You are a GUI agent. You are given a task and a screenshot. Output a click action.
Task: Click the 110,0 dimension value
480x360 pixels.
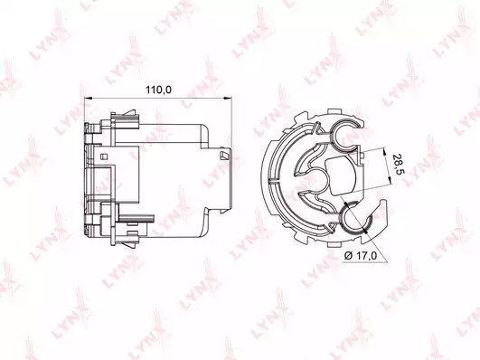tap(158, 90)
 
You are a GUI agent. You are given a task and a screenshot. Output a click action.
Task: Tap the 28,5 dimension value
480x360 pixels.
tap(399, 165)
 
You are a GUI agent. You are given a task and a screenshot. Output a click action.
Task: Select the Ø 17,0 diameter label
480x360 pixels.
tap(360, 256)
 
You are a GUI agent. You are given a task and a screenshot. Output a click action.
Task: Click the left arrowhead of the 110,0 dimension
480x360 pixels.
tap(88, 98)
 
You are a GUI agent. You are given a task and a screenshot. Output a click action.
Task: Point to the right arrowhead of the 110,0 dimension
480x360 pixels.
tap(228, 98)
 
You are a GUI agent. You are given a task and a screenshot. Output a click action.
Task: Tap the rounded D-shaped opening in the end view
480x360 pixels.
tap(341, 175)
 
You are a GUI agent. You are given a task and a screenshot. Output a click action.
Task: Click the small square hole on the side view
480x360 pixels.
tap(104, 156)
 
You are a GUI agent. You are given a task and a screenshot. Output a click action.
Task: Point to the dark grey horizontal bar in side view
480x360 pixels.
tap(136, 218)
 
